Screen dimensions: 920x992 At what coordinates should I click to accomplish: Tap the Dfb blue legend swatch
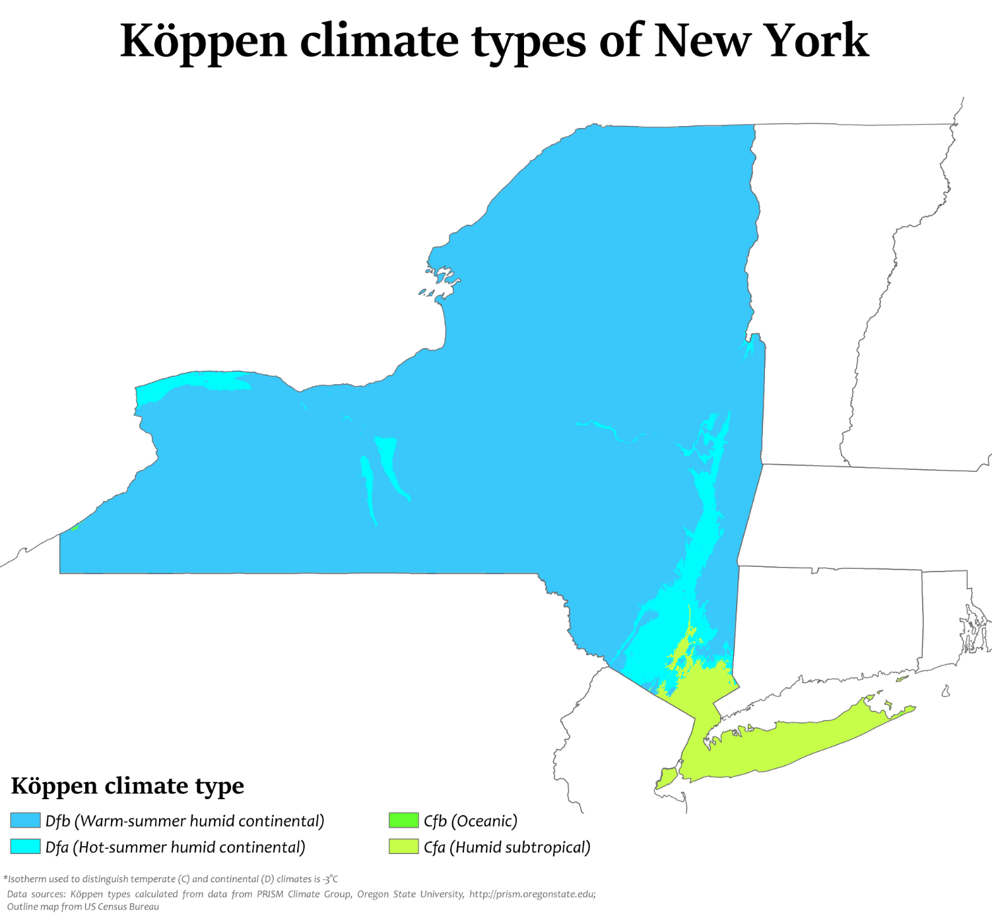pos(25,820)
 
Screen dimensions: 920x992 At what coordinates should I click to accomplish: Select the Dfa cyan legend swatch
pos(25,847)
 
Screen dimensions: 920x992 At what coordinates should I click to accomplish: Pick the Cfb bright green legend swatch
pos(403,820)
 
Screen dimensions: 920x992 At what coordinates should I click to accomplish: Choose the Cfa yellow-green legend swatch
pos(403,847)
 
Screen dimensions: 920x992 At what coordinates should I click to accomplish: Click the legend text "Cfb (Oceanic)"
pos(470,821)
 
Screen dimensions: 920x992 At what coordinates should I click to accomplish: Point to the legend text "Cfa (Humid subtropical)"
pos(506,847)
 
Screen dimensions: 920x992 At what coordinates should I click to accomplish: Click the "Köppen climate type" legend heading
pos(127,786)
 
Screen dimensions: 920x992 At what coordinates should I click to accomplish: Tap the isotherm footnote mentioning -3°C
pos(171,879)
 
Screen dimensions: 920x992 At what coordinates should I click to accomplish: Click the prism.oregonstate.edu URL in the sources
pos(532,894)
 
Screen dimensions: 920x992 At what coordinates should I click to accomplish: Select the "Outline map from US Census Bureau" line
pos(83,907)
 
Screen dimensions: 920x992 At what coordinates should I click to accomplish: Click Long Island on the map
pos(792,742)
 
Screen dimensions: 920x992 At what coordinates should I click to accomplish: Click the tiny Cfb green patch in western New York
pos(75,527)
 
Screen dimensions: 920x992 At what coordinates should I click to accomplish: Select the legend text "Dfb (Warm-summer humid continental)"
pos(185,821)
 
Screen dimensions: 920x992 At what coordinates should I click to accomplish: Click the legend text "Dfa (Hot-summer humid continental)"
pos(175,847)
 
